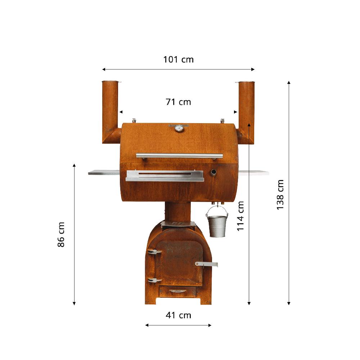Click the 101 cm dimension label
coord(178,59)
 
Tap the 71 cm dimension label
coord(178,102)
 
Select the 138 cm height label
coord(280,194)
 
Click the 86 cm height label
coord(61,234)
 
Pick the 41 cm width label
coord(178,315)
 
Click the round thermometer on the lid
coord(179,128)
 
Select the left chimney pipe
coord(110,108)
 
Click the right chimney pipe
coord(246,108)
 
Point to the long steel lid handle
coord(179,156)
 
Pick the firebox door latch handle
coord(207,264)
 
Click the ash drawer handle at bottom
coord(178,291)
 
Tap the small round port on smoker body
coord(213,173)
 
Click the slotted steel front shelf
coord(165,176)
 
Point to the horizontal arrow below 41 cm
coord(178,325)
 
